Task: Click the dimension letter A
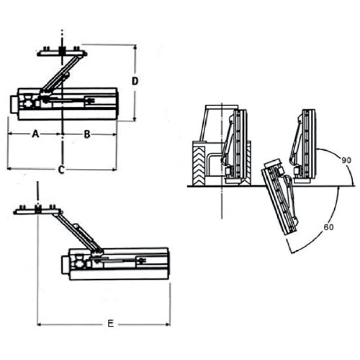[35, 134]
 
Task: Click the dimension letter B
[87, 134]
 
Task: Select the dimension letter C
[61, 170]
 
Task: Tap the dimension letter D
[135, 81]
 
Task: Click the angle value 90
[346, 160]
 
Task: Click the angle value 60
[328, 227]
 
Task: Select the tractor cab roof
[222, 107]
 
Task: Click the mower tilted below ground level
[280, 198]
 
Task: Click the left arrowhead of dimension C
[9, 169]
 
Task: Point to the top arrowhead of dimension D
[135, 47]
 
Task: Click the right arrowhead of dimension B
[115, 134]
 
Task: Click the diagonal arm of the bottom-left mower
[78, 231]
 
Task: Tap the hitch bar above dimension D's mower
[62, 53]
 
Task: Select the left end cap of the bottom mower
[65, 265]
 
